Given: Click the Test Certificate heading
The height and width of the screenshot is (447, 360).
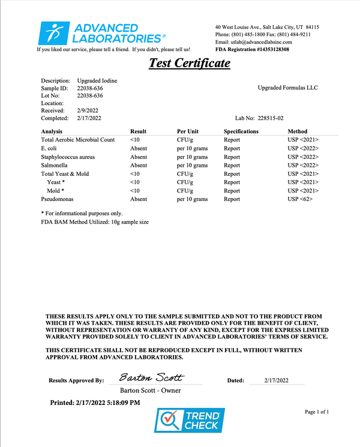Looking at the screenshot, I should pyautogui.click(x=189, y=63).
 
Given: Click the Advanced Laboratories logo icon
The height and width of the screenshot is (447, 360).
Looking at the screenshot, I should pyautogui.click(x=56, y=33).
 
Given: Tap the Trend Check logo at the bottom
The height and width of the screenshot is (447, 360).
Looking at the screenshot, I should pyautogui.click(x=189, y=420).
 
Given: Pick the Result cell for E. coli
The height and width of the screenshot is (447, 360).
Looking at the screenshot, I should pyautogui.click(x=138, y=148).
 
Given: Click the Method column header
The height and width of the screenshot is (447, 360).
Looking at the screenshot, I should pyautogui.click(x=297, y=131).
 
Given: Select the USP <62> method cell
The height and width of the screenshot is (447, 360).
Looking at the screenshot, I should pyautogui.click(x=300, y=199).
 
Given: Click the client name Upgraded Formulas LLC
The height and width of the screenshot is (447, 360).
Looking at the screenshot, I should pyautogui.click(x=287, y=88).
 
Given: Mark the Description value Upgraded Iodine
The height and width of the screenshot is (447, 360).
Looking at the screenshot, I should pyautogui.click(x=97, y=80).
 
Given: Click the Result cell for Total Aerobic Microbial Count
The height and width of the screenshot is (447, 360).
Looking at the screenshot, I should pyautogui.click(x=135, y=140).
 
